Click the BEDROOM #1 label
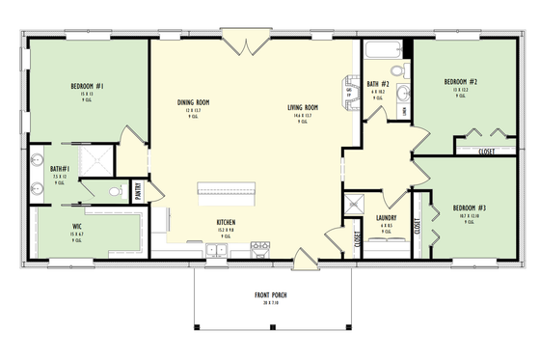88,86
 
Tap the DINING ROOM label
194,102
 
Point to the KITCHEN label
226,221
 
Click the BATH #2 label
378,83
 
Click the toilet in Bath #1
114,192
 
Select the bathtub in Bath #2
382,48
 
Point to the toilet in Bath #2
397,71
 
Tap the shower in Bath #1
99,160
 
